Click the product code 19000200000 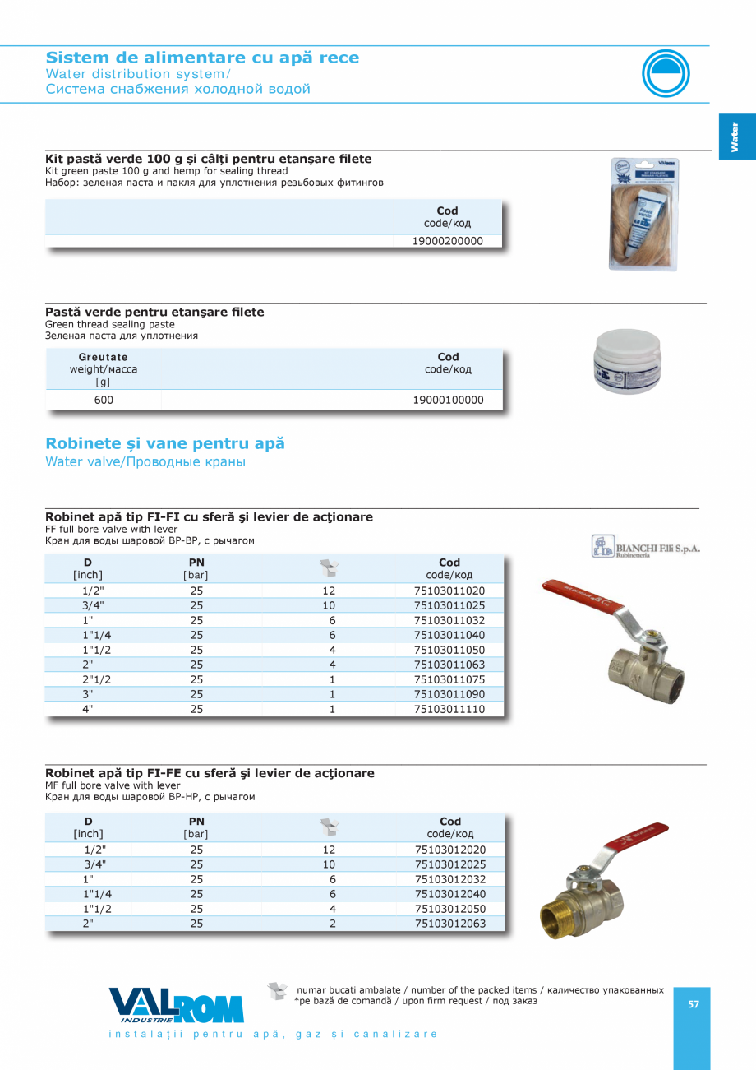[448, 242]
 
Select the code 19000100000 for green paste [449, 401]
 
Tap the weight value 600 [104, 401]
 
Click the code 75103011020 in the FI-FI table [449, 591]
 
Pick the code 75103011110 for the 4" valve [449, 709]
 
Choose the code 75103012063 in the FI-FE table [450, 924]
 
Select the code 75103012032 [450, 879]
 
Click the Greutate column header [104, 357]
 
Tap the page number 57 [694, 1004]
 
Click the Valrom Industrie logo [177, 1005]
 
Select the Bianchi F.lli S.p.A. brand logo [646, 547]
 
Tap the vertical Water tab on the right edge [735, 137]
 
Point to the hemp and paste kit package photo [644, 214]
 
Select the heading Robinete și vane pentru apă [165, 444]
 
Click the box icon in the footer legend [278, 991]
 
